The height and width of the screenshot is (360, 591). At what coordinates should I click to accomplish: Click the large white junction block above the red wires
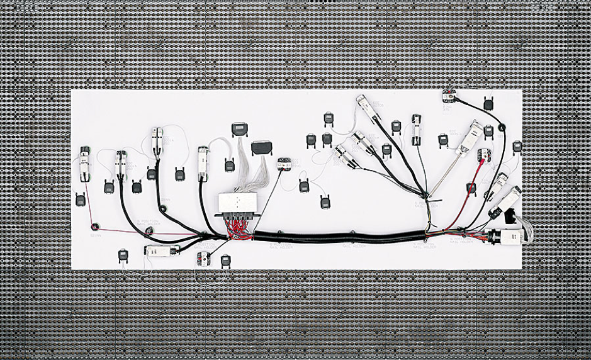237,203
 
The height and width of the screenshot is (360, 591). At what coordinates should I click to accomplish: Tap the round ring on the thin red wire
95,225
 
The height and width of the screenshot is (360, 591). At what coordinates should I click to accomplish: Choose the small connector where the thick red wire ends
483,155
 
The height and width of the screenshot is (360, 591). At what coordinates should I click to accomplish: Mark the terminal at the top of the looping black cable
448,96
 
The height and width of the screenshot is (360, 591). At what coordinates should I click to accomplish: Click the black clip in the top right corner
488,103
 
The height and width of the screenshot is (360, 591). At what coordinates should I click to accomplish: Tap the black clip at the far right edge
517,147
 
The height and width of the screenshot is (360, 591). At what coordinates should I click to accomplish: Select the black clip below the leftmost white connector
81,200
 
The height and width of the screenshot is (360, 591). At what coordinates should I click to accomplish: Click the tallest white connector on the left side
156,140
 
